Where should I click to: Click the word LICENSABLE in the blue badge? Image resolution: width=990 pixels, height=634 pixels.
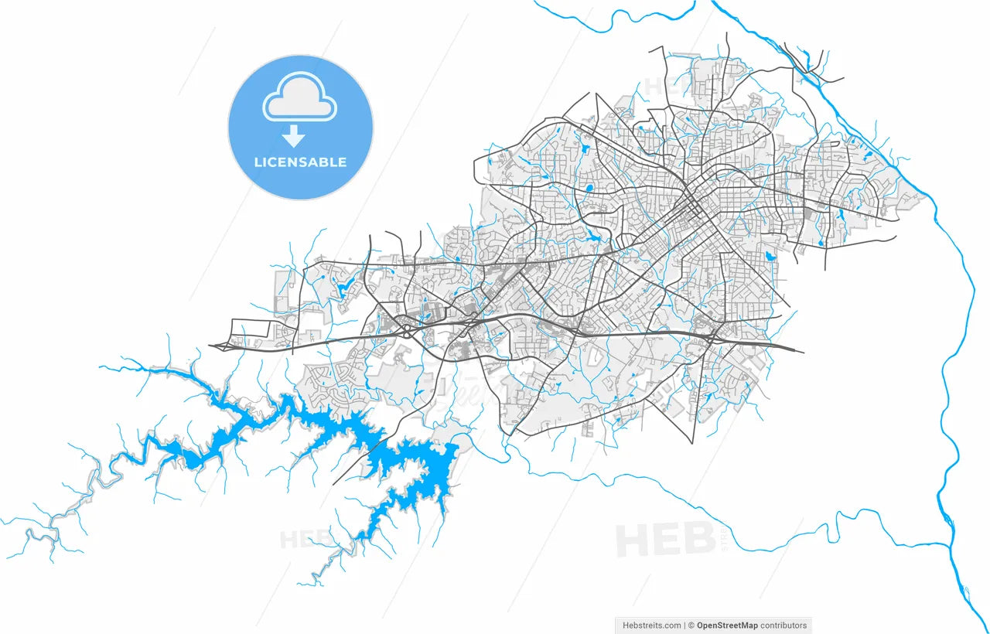click(300, 162)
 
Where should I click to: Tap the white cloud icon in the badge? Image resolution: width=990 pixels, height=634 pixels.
click(300, 97)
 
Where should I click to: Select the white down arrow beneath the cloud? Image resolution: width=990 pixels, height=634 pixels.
click(293, 136)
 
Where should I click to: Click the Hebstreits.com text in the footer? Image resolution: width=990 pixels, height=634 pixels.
click(652, 625)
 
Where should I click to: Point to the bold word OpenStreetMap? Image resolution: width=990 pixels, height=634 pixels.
click(727, 625)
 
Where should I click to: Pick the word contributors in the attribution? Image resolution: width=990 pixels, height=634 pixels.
click(783, 625)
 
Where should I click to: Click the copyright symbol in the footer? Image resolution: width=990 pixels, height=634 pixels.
click(692, 625)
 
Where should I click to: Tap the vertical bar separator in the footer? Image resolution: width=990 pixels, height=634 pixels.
click(686, 625)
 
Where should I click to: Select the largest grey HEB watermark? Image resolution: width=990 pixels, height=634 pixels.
click(665, 539)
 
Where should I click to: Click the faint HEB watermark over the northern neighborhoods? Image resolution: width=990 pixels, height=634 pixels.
click(662, 87)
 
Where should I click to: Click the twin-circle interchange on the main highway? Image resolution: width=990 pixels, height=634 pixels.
click(408, 330)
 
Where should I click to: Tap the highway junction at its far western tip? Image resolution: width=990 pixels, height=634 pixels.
click(210, 346)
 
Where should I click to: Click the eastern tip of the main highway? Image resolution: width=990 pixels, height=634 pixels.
click(802, 352)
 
